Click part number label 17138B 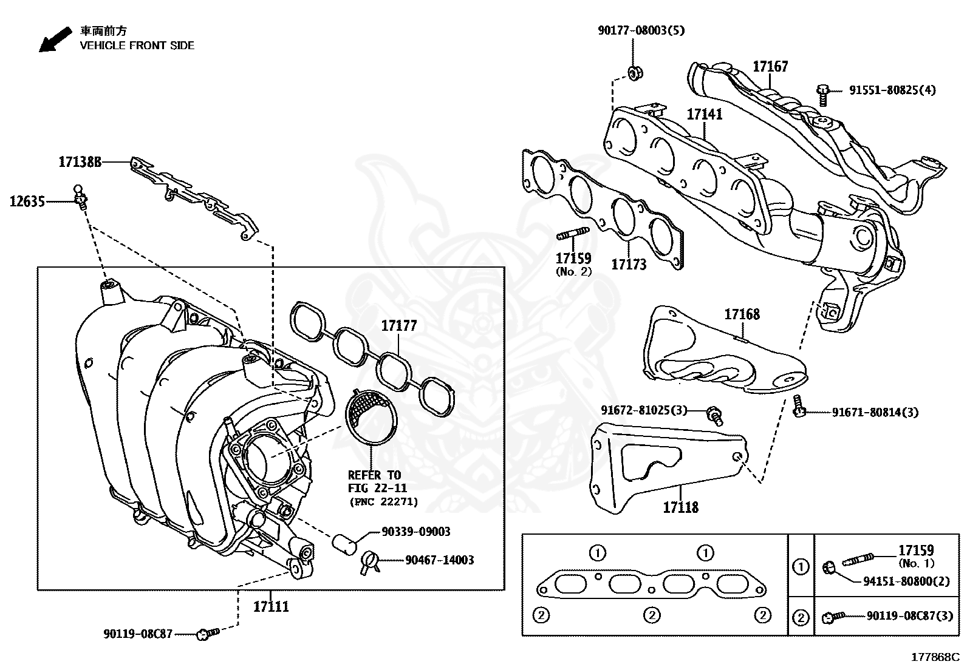click(x=80, y=162)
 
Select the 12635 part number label click(x=27, y=201)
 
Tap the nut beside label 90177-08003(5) click(x=634, y=73)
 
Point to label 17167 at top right click(x=770, y=66)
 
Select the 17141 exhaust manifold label click(x=705, y=114)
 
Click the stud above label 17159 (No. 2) click(x=572, y=234)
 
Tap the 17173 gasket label click(x=629, y=265)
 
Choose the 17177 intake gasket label click(x=399, y=326)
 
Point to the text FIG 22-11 click(x=377, y=489)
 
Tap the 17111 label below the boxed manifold click(x=271, y=606)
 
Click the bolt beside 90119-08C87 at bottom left click(x=207, y=634)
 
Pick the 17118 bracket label click(x=680, y=507)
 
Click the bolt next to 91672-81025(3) click(x=715, y=416)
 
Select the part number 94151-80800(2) click(x=906, y=581)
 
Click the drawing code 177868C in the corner click(x=934, y=657)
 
